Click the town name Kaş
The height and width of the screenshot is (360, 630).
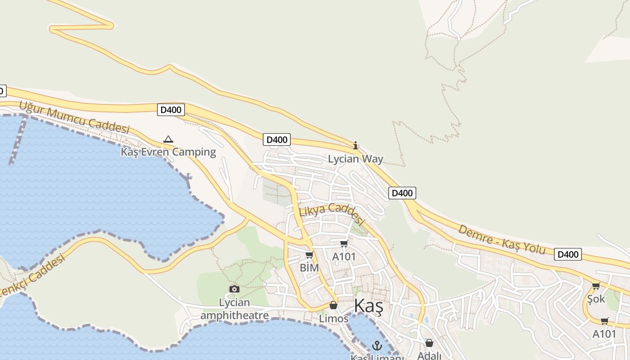(368, 306)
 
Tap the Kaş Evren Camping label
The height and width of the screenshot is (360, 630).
(168, 152)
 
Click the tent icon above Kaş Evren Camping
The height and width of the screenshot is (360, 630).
(168, 139)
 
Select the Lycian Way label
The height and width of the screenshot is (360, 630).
(355, 159)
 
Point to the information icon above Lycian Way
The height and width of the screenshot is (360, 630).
(355, 145)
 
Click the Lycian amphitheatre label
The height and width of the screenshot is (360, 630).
(234, 309)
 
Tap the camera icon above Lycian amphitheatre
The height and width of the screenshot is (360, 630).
(234, 289)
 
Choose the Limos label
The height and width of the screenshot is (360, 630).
(333, 319)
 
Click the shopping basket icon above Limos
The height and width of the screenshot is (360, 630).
(333, 306)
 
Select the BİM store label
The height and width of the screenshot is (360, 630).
(309, 268)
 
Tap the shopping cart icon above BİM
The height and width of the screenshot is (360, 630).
(309, 255)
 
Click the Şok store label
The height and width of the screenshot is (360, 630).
(596, 299)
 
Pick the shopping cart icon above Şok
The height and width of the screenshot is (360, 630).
(596, 286)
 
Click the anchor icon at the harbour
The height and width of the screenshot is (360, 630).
(377, 346)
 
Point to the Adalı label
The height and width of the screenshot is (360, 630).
(429, 355)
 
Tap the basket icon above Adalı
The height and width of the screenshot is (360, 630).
(429, 343)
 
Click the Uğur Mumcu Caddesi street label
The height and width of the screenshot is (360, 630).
(74, 117)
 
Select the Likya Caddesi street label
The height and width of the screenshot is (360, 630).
(331, 212)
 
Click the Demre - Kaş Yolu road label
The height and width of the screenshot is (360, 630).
(502, 240)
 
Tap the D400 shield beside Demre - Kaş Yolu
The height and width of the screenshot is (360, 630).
(567, 254)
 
